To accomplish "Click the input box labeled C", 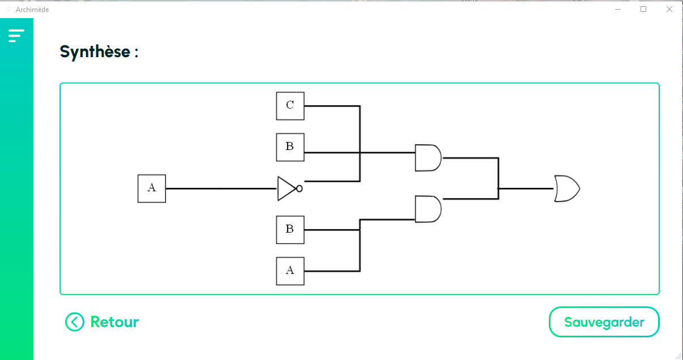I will [x=290, y=106].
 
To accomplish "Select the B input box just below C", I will [x=290, y=147].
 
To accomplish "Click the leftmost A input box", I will [x=152, y=188].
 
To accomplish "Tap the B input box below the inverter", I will [x=290, y=230].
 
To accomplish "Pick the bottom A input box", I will [x=290, y=271].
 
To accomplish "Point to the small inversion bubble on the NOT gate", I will [x=300, y=188].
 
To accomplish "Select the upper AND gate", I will [x=428, y=158].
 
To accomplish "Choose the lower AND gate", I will [x=428, y=209].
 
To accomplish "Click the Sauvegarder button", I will [x=604, y=322].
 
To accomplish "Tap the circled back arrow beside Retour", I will [x=75, y=322].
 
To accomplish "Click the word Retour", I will [x=114, y=322].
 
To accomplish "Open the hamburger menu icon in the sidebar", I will [x=16, y=36].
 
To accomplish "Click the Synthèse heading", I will [x=99, y=52].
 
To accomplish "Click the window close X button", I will [x=669, y=9].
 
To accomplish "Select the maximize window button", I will [x=643, y=9].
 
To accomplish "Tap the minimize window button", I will [x=618, y=9].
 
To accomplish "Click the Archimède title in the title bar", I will [x=32, y=10].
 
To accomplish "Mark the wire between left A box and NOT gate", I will [x=221, y=188].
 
